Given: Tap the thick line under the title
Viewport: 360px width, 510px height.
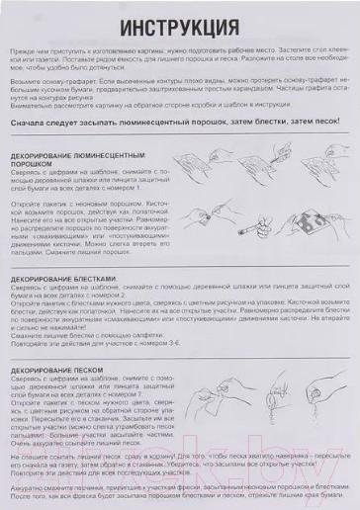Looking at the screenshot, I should [x=180, y=39].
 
